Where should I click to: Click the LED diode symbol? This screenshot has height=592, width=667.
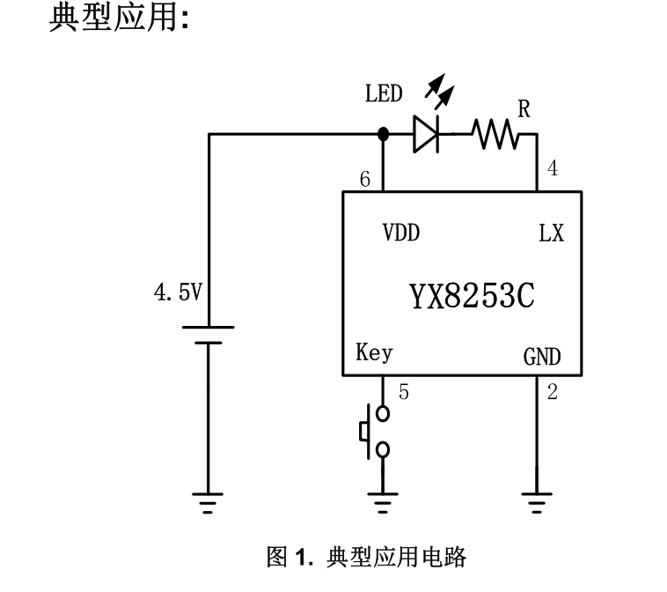coord(426,135)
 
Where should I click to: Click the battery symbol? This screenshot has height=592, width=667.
coord(208,336)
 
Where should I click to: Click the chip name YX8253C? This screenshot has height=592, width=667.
coord(472,297)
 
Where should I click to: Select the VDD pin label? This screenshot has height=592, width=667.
coord(400,233)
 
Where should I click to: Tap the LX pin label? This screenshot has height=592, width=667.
coord(551,233)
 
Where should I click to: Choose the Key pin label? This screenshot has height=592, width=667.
coord(374,353)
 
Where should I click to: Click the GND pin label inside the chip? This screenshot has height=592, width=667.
coord(542,357)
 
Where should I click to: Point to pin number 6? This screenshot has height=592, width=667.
coord(365,180)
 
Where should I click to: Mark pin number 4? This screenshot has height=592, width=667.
coord(552,169)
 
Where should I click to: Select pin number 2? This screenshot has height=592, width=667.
coord(552,393)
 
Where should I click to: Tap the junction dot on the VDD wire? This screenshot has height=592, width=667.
coord(383,135)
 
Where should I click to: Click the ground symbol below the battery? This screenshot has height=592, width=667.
coord(208,503)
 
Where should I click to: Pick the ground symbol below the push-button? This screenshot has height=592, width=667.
coord(383,503)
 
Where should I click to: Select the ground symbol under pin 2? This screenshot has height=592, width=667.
coord(536,503)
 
